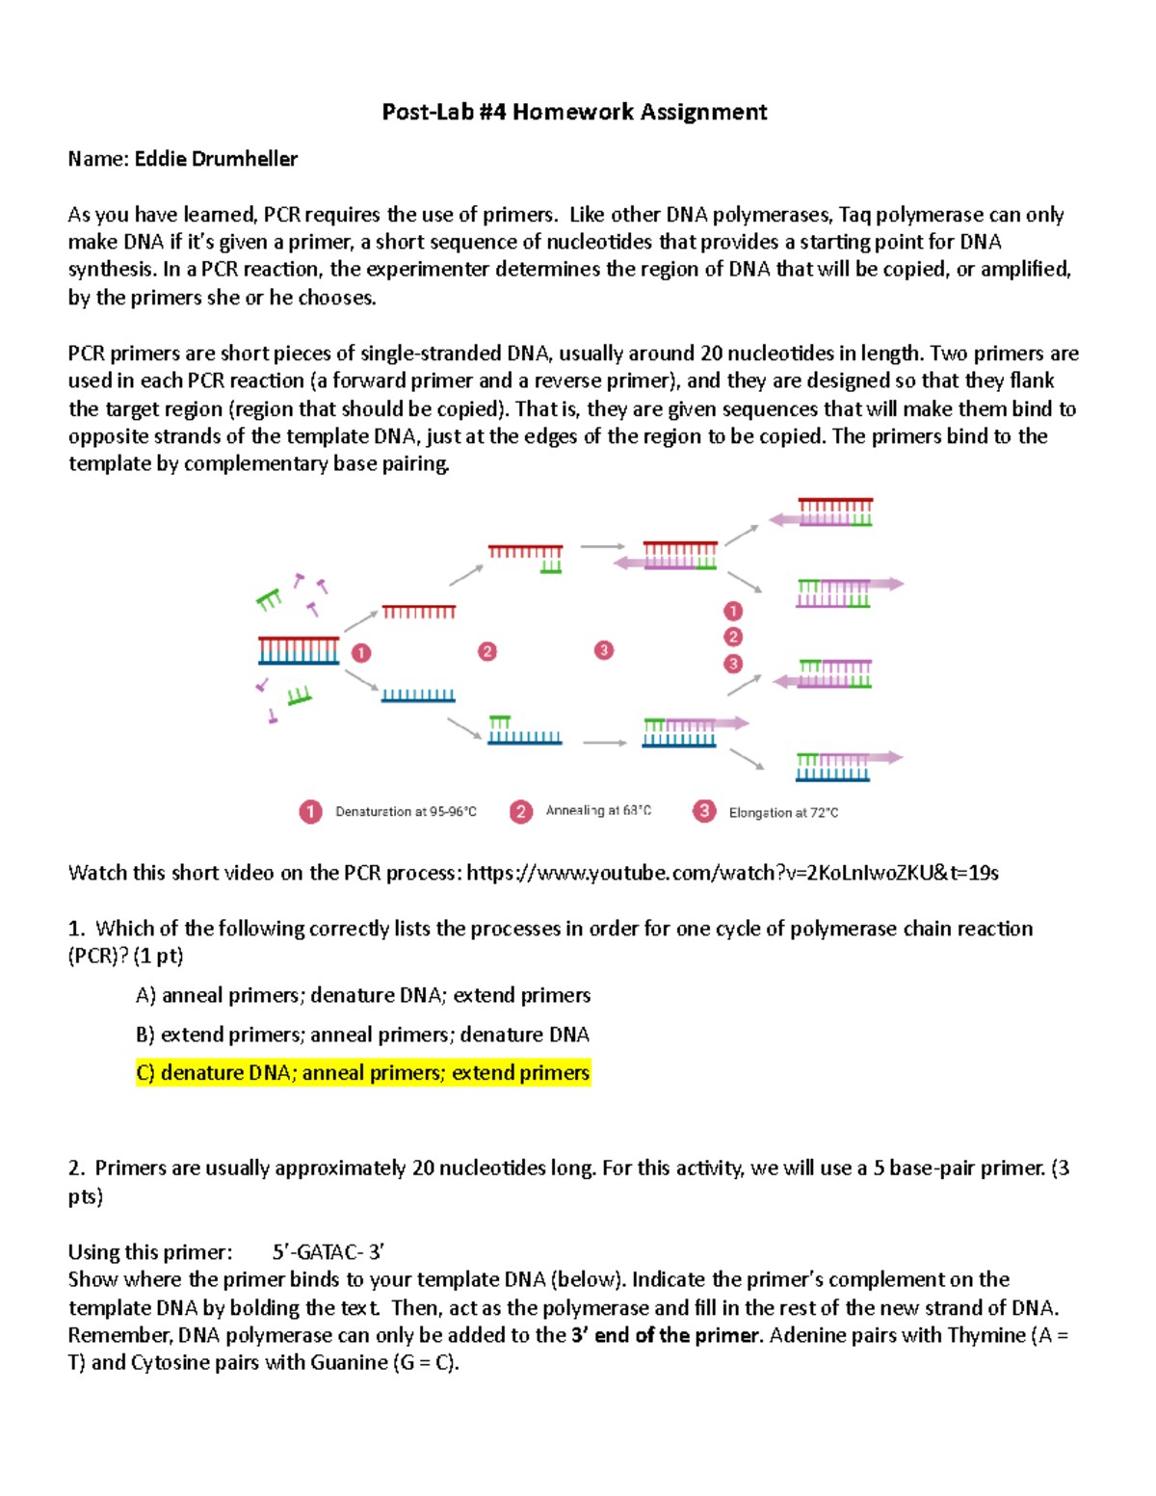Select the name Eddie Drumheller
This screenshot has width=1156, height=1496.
(x=216, y=159)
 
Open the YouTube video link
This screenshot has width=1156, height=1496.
(x=732, y=873)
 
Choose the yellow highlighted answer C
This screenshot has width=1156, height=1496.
(x=363, y=1073)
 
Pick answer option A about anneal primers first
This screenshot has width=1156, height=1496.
(x=363, y=995)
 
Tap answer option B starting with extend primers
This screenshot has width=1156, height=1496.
(x=362, y=1035)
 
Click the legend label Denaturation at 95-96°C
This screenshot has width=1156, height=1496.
(x=406, y=812)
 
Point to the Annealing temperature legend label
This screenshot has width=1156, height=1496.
(x=598, y=811)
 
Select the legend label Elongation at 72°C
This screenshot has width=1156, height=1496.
(x=783, y=813)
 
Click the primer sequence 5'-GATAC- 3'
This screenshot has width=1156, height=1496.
(x=328, y=1252)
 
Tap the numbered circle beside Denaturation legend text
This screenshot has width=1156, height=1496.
(x=310, y=812)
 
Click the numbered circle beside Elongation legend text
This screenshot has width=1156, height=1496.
(x=704, y=811)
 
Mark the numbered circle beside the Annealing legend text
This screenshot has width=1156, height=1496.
(x=521, y=811)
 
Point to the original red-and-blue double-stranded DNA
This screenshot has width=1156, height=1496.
(x=299, y=650)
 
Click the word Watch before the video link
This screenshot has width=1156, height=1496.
(x=97, y=873)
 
